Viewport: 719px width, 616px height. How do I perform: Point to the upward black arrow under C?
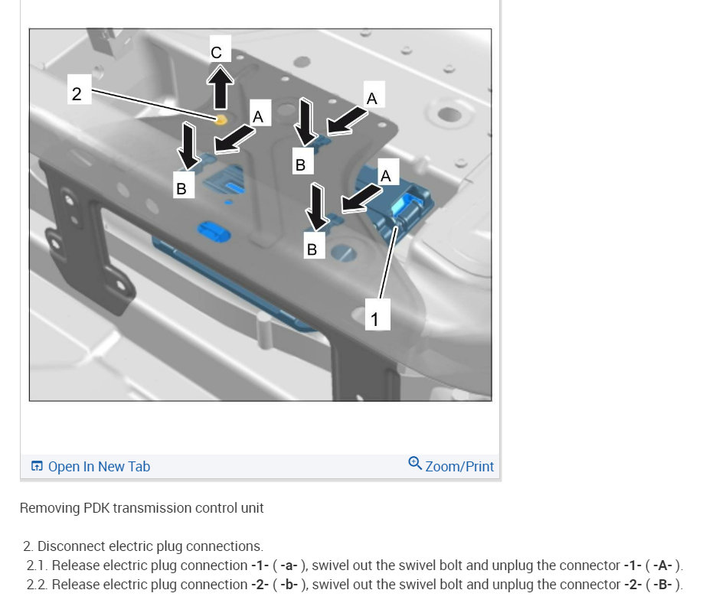[220, 88]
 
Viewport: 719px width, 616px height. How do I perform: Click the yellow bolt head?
[221, 120]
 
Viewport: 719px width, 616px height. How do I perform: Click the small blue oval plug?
[214, 231]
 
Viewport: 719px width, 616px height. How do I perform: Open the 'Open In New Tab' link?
[99, 466]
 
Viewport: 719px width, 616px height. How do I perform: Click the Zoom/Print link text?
[459, 466]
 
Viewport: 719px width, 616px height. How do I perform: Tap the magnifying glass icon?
[414, 463]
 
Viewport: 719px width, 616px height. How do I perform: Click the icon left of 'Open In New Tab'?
[37, 466]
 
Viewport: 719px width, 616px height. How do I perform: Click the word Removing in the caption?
[50, 508]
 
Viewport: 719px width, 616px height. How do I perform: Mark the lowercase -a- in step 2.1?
[289, 565]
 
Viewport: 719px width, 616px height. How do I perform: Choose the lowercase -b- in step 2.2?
[289, 585]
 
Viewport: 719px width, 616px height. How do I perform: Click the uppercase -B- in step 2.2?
[662, 585]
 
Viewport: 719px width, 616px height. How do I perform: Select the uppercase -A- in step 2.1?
[662, 565]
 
